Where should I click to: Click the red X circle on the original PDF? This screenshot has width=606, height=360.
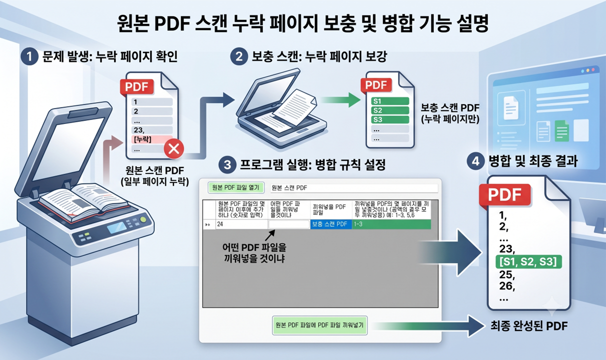point(174,149)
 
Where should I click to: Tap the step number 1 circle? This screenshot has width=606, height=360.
point(29,56)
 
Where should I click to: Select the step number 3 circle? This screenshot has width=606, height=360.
point(227,164)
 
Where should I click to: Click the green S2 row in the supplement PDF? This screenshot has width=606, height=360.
point(390,110)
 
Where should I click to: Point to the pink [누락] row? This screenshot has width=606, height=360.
point(152,139)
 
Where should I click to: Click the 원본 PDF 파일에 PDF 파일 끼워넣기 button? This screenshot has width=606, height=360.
point(319,325)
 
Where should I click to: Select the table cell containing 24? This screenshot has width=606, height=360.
point(241,224)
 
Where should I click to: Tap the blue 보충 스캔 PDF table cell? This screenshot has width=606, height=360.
point(331,224)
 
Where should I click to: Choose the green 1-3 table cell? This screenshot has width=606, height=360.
point(391,224)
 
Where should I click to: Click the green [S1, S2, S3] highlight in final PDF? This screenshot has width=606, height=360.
point(528,261)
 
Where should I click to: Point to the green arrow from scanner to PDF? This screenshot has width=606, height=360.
point(340,100)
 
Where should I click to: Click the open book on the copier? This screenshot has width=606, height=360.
point(84,201)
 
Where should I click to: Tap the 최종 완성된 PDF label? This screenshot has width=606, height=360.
point(529,326)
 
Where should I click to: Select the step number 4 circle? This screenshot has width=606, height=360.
point(475,161)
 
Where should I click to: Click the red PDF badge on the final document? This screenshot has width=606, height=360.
point(504,194)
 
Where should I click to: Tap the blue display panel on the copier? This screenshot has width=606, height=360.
point(116,227)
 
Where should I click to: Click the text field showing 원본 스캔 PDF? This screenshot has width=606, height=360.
point(354,187)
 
